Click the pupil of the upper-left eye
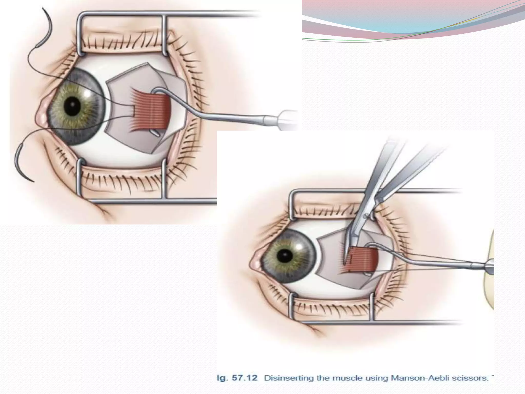tap(72, 106)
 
